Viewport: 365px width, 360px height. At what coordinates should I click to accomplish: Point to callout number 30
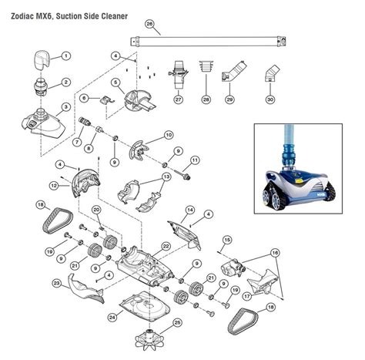pyautogui.click(x=270, y=99)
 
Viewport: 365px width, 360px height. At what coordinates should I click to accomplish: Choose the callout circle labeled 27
pyautogui.click(x=179, y=99)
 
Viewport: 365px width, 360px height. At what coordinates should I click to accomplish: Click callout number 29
pyautogui.click(x=229, y=99)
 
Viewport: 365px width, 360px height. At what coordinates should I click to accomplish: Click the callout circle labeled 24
pyautogui.click(x=113, y=317)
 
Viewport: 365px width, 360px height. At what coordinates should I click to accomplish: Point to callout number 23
pyautogui.click(x=57, y=284)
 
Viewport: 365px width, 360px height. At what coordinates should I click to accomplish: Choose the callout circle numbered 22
pyautogui.click(x=165, y=247)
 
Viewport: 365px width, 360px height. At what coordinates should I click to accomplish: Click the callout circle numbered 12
pyautogui.click(x=54, y=185)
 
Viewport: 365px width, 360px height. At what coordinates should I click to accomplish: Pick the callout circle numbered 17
pyautogui.click(x=246, y=294)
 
